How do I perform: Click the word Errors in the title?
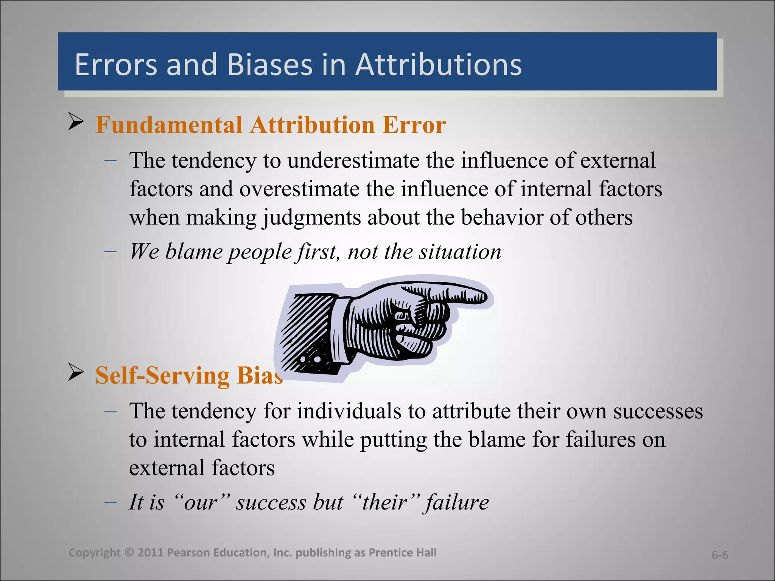point(115,65)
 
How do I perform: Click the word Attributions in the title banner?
point(438,65)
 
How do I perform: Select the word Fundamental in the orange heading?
point(169,125)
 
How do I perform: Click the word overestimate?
point(299,189)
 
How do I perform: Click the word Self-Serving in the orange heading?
point(162,376)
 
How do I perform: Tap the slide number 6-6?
point(719,555)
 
